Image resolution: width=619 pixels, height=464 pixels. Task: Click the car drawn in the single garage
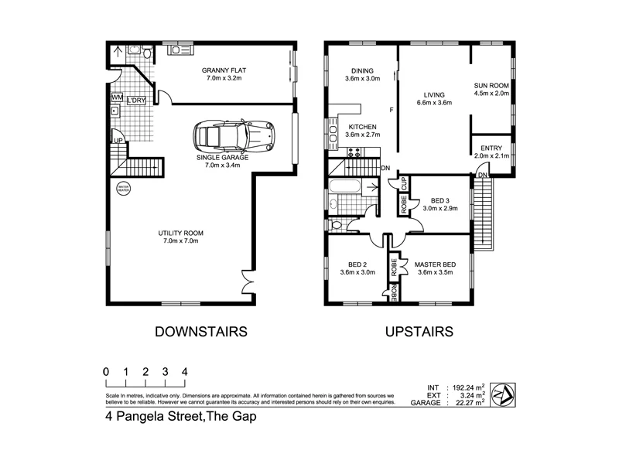point(234,137)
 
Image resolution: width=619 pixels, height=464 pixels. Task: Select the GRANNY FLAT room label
point(225,74)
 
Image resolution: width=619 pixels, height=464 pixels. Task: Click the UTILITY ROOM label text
point(181,237)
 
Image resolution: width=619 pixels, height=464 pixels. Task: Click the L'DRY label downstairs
point(137,101)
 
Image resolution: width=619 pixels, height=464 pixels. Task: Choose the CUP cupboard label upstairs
point(403,184)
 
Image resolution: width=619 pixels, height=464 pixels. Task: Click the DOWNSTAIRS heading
point(200,333)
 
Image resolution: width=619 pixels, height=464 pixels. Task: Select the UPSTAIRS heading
point(419,333)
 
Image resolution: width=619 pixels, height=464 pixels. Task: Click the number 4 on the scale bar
point(184,371)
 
